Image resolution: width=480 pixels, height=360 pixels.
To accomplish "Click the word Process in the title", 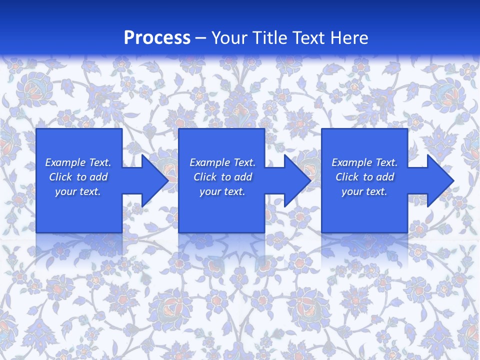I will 157,38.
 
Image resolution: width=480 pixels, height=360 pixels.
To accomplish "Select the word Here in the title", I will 349,38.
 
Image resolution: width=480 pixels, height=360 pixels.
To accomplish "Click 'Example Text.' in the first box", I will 78,162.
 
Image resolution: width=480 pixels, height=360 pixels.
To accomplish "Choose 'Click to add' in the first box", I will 78,177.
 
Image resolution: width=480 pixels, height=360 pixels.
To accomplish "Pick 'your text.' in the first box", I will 78,191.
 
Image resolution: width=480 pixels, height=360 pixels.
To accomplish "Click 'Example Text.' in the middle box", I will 222,162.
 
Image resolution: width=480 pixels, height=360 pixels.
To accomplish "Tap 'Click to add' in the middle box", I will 222,177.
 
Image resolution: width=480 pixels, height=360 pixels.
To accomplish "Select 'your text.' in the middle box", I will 222,191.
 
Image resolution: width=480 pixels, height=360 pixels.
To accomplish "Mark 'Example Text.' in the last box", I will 364,162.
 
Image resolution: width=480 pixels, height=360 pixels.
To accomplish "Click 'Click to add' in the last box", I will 364,177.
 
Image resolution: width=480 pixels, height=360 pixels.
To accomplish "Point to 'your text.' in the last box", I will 364,191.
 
